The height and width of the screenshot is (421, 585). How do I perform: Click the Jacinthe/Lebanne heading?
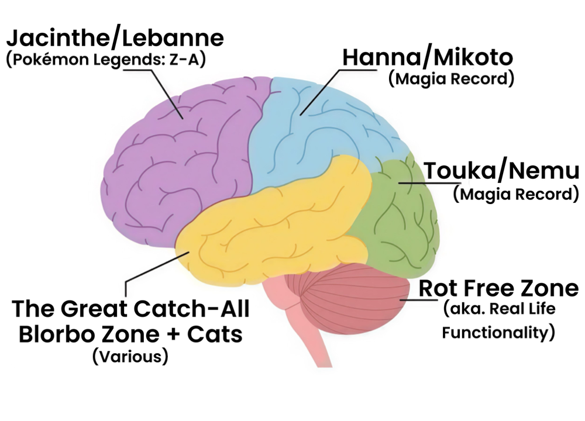115,38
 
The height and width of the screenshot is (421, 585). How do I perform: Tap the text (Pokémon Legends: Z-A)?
106,60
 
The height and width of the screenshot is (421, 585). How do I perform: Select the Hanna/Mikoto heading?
428,57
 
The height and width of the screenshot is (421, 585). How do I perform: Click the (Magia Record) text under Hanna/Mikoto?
451,79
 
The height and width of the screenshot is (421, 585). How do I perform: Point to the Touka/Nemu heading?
501,171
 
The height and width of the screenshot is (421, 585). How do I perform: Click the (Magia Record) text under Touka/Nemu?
516,194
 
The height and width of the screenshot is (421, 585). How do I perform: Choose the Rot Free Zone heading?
498,288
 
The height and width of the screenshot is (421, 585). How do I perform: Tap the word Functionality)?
498,333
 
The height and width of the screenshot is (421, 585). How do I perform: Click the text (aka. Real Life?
499,309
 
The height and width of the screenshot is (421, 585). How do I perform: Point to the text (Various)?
130,356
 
